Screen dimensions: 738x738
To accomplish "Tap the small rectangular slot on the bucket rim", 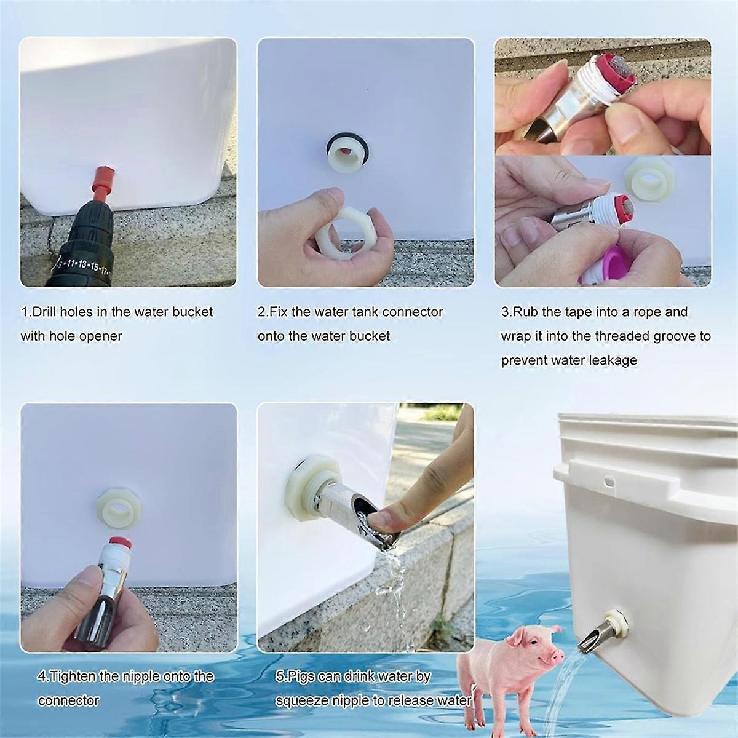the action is pyautogui.click(x=609, y=480).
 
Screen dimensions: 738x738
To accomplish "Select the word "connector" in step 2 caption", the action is pyautogui.click(x=413, y=312).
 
